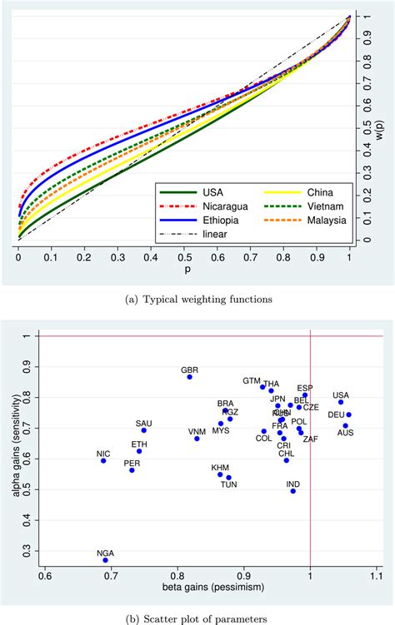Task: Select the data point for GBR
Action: pos(190,377)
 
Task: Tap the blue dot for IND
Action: pos(292,491)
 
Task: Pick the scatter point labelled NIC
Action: pos(103,460)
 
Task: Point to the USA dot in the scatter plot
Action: pos(341,402)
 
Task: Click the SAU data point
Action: pos(143,430)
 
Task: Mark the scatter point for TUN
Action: pos(228,478)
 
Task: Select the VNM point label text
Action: pos(197,431)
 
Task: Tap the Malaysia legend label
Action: pos(297,219)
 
